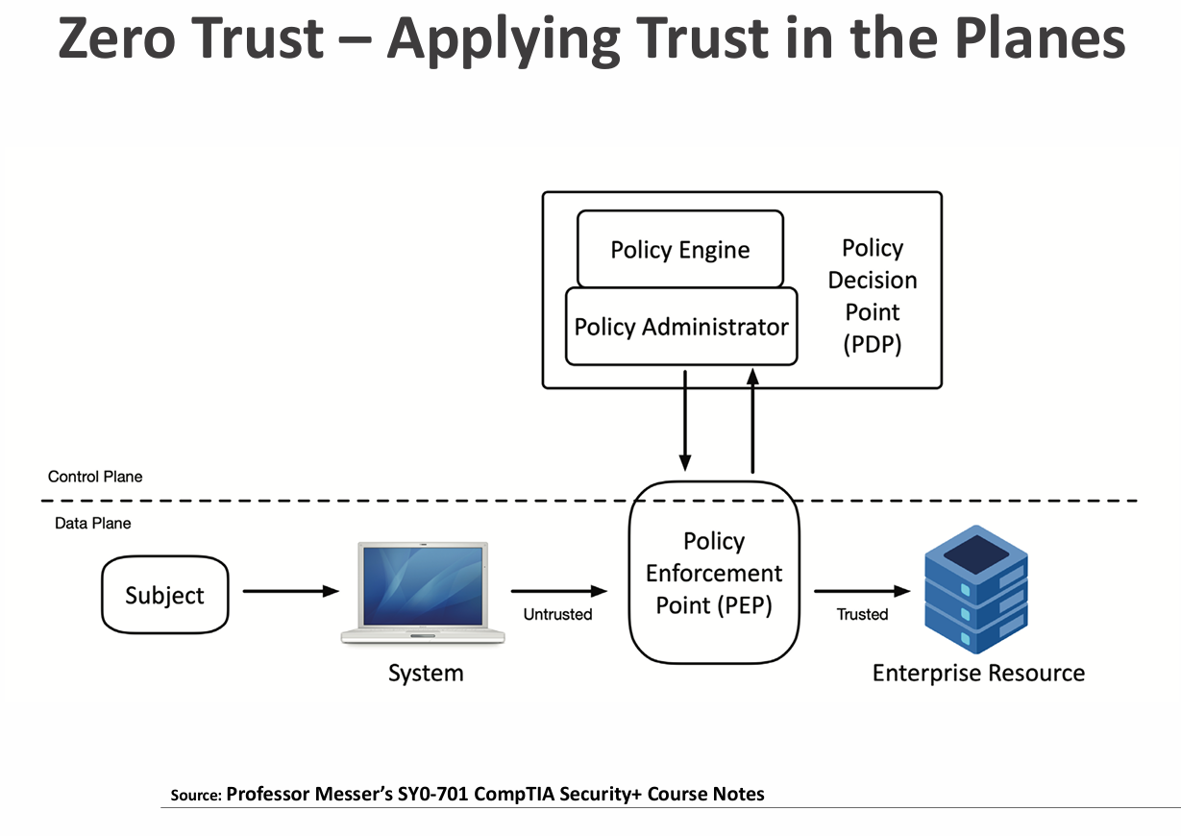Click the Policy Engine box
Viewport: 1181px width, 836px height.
tap(679, 250)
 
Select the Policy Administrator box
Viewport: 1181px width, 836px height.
tap(680, 327)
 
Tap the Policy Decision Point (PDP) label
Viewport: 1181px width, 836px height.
tap(873, 296)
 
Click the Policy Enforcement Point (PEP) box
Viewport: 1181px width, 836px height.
tap(714, 574)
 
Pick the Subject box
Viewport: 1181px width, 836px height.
tap(165, 595)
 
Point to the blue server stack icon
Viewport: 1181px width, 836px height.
tap(976, 589)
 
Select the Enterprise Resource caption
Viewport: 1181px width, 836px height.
tap(978, 673)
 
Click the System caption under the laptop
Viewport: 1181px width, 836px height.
tap(426, 673)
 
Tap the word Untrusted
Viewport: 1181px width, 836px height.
tap(557, 614)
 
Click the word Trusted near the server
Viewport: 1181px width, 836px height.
tap(862, 614)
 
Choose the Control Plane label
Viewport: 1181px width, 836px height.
tap(95, 477)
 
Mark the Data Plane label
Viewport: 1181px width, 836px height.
tap(92, 524)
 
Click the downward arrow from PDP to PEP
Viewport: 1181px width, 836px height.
tap(684, 418)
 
